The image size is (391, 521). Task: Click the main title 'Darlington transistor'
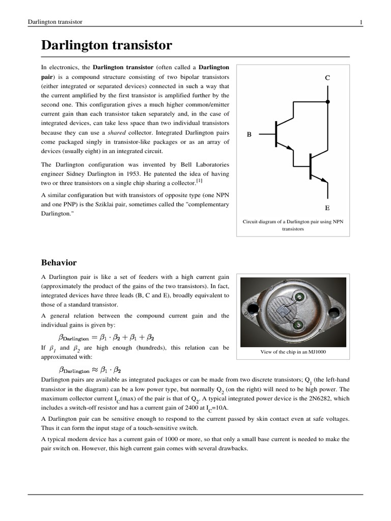[106, 46]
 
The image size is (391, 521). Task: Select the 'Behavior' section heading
[59, 263]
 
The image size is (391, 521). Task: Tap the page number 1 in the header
[361, 22]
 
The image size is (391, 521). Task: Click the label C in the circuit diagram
[327, 78]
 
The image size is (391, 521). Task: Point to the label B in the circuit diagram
[249, 134]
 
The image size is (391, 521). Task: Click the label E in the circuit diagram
[327, 208]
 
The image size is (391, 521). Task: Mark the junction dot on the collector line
[327, 102]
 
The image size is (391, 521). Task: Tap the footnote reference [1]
[200, 181]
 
